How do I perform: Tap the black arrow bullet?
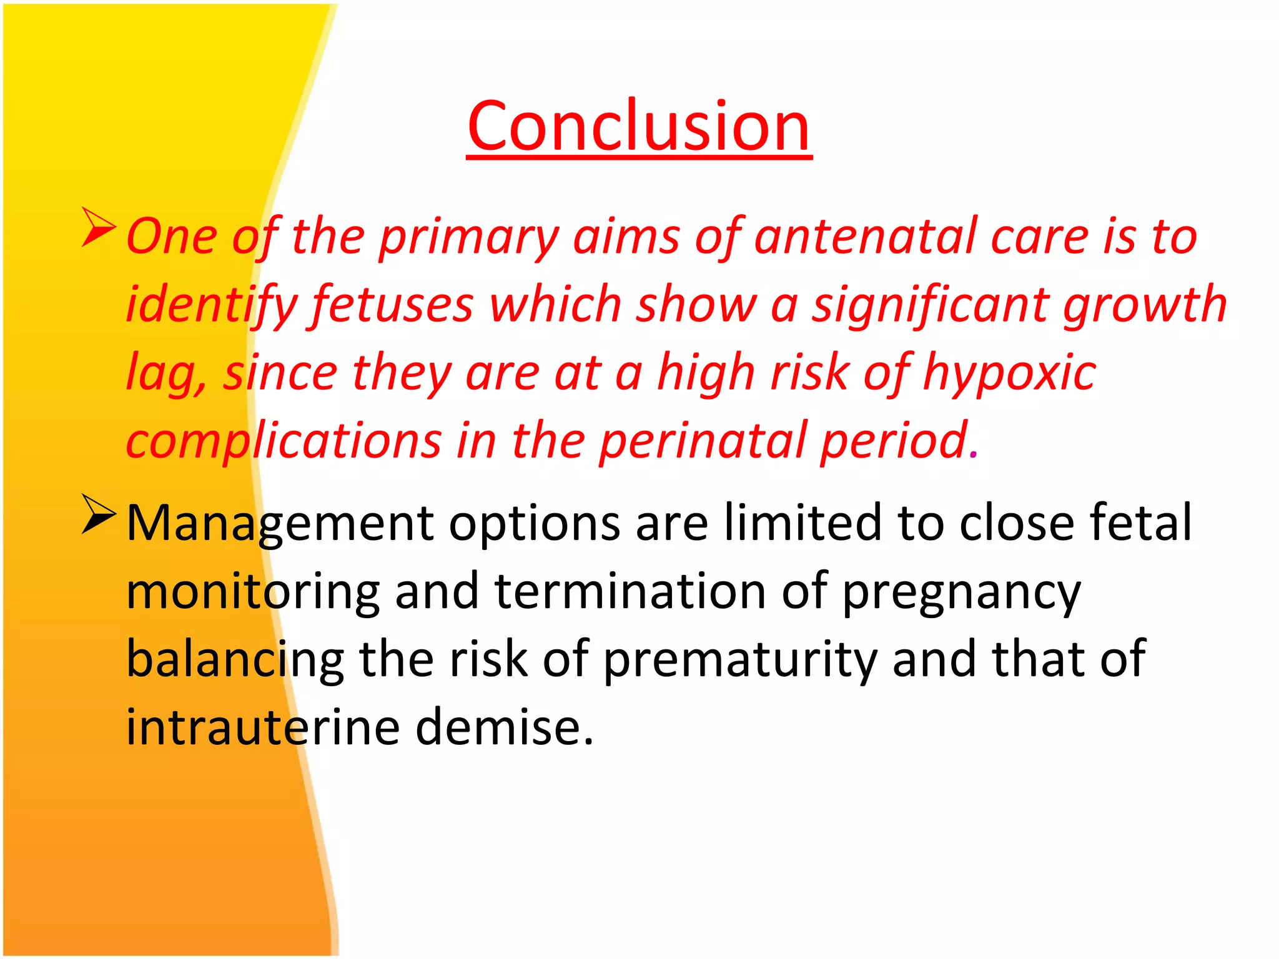click(x=99, y=514)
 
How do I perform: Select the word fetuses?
click(x=393, y=305)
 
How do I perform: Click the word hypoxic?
click(x=1009, y=373)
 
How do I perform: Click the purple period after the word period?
click(x=974, y=456)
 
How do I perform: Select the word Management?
click(x=280, y=523)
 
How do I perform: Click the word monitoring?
click(x=253, y=592)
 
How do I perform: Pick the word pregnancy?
click(x=962, y=592)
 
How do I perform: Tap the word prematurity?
click(x=740, y=660)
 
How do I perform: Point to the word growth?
click(x=1145, y=305)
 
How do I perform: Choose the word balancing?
click(x=235, y=660)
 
